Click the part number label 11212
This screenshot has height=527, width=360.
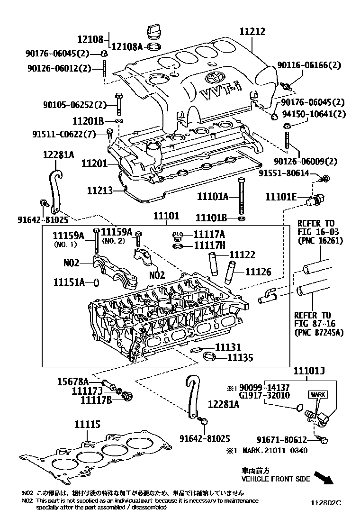(252, 32)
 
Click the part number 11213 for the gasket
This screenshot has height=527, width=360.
(99, 191)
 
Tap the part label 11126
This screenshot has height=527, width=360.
(258, 272)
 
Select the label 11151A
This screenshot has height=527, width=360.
(69, 282)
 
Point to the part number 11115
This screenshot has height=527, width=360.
(87, 425)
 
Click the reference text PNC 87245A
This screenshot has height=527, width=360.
(319, 332)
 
